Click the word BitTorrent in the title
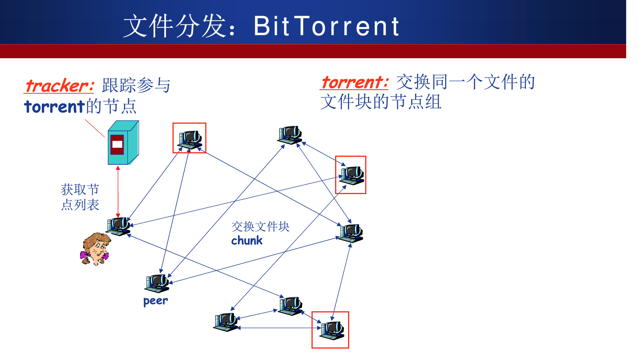click(x=326, y=26)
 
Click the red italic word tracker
click(x=59, y=86)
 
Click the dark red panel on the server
click(x=117, y=145)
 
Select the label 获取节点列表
click(x=80, y=197)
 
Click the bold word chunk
click(x=247, y=241)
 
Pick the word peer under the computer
click(x=155, y=301)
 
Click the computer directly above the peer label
click(x=157, y=283)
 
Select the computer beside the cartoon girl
click(x=118, y=226)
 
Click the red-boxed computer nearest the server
click(x=190, y=138)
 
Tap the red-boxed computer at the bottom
click(x=331, y=330)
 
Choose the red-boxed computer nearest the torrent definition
click(x=351, y=175)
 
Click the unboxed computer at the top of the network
click(x=290, y=135)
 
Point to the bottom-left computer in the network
click(x=226, y=322)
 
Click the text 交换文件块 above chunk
click(x=260, y=226)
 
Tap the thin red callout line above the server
click(x=94, y=128)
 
